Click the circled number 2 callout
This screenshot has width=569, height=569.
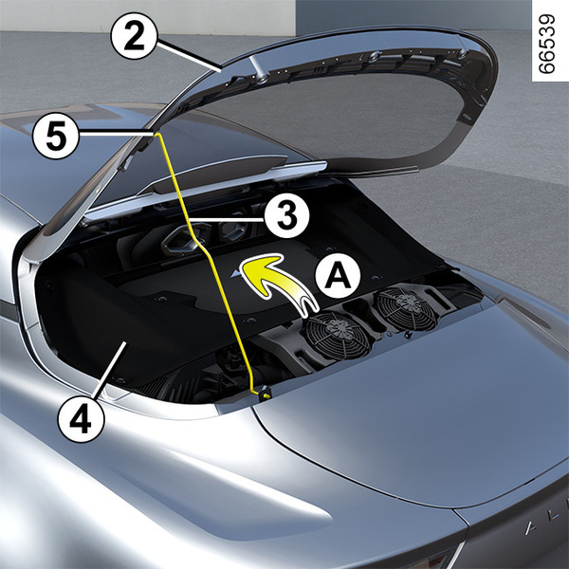pos(134,36)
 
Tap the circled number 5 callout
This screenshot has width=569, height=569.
pos(56,137)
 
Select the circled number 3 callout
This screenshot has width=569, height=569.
pos(286,215)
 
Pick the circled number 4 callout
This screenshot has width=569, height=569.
pos(81,419)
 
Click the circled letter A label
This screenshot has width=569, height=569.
pos(338,275)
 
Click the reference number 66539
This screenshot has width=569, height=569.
pos(547,44)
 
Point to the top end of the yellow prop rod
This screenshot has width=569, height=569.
pos(157,134)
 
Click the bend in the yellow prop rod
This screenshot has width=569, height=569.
pos(198,244)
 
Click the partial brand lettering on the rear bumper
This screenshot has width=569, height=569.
pos(547,522)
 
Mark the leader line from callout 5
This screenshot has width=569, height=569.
pos(116,134)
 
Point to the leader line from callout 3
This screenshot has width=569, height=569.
pos(226,219)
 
